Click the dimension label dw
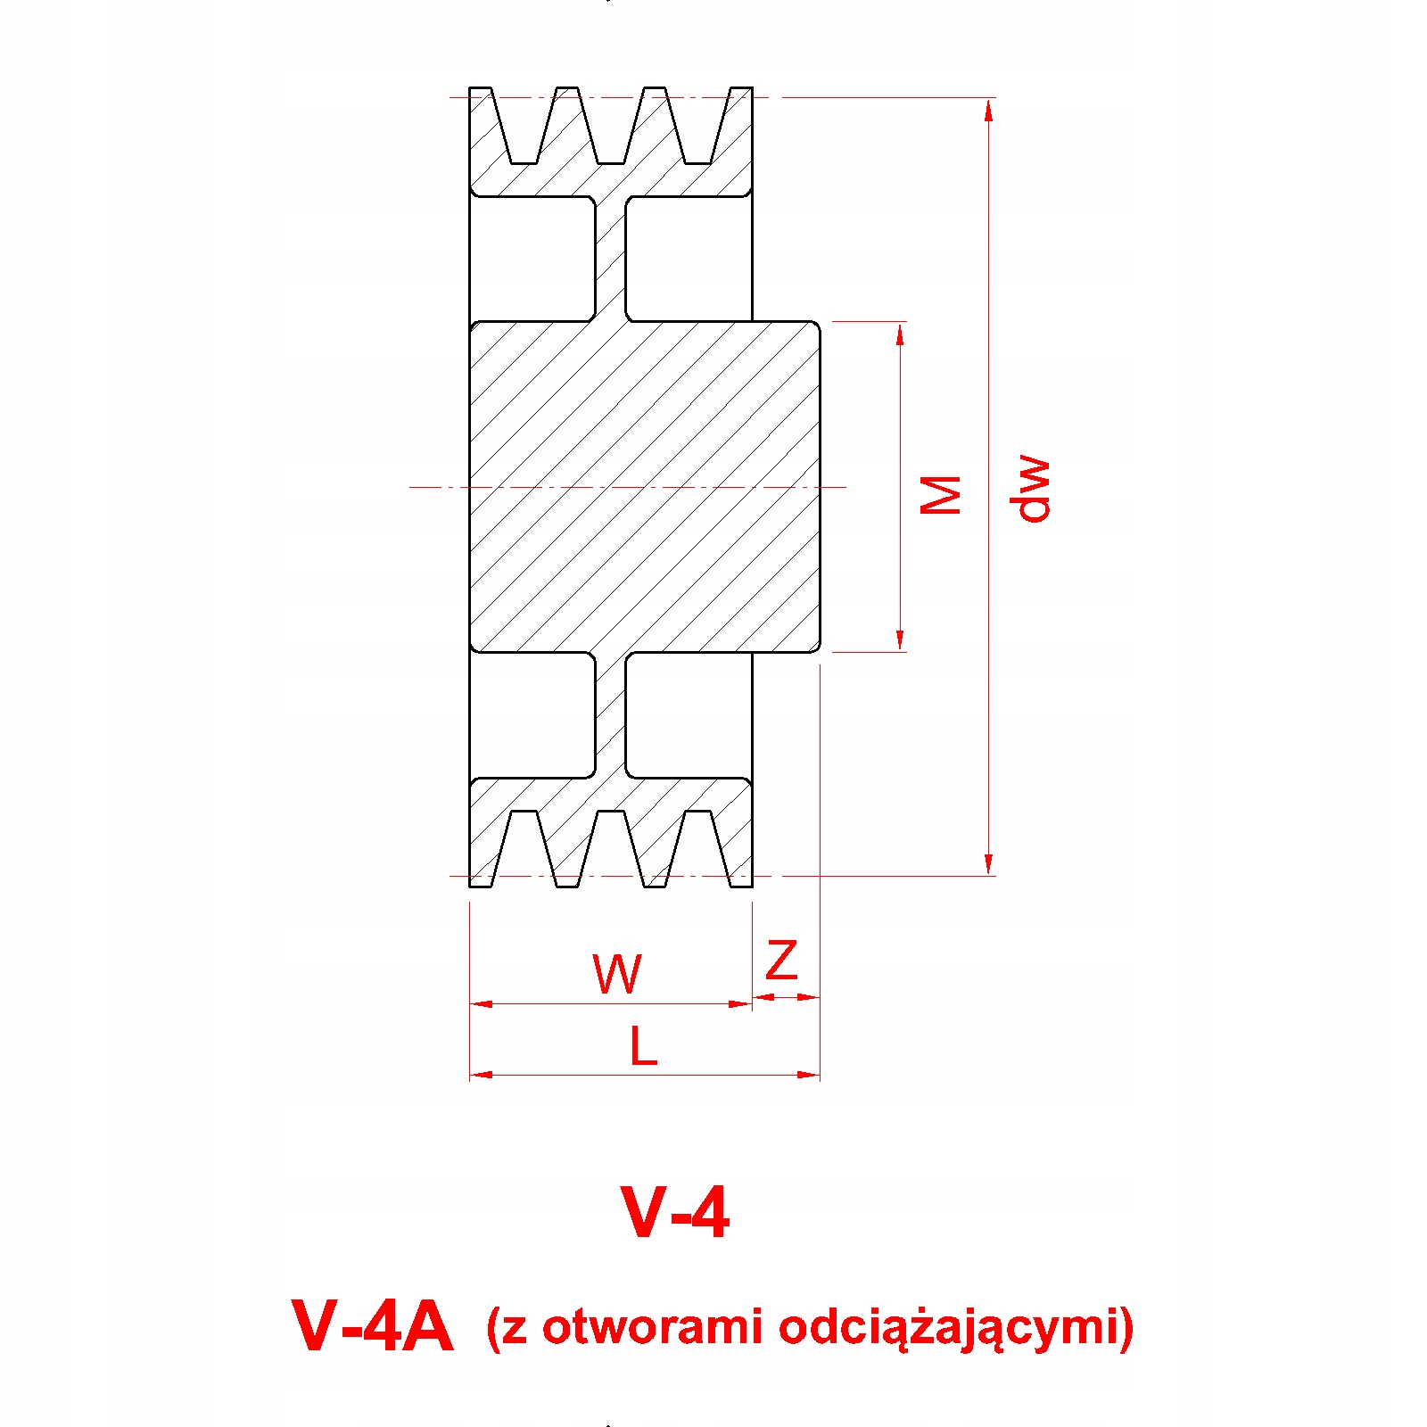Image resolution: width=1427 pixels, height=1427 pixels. coord(1031,488)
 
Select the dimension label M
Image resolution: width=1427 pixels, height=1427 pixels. coord(941,494)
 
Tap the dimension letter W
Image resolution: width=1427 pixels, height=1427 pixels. coord(616,974)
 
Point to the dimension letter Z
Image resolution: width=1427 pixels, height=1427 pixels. coord(781,961)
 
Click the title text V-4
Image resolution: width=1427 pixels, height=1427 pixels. coord(675,1212)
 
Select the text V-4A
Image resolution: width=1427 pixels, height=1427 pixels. coord(372,1326)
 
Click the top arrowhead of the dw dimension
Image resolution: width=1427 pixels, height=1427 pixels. coord(988,109)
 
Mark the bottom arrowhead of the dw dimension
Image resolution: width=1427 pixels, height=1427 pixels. coord(988,864)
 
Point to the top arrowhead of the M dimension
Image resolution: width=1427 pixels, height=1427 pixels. coord(900,333)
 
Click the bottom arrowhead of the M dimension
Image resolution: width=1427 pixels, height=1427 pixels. coord(900,640)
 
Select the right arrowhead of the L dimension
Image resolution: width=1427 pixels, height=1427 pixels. coord(809,1075)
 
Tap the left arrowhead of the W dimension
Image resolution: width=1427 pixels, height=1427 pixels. coord(481,1004)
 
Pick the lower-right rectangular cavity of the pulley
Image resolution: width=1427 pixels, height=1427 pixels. coord(689,715)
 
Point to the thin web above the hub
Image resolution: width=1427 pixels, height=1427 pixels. coord(611,259)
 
